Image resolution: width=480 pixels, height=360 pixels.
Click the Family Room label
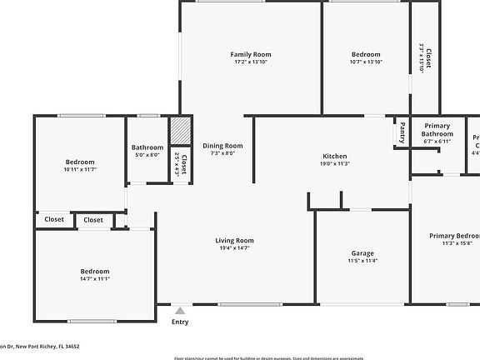point(251,55)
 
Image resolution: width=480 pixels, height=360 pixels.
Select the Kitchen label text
point(335,157)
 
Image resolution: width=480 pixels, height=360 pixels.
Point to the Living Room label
point(235,241)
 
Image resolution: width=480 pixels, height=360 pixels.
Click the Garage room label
point(362,253)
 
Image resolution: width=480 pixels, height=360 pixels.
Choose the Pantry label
point(402,133)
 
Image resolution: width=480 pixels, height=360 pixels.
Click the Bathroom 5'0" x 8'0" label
point(147,147)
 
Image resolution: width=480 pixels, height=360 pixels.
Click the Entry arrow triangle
point(179,310)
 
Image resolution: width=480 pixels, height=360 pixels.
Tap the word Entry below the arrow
point(180,322)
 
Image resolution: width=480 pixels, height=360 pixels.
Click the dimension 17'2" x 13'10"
point(251,62)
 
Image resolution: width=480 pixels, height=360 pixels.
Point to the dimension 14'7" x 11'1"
point(95,279)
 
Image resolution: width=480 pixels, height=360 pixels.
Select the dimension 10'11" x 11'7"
point(80,169)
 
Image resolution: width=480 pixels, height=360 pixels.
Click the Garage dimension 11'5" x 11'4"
point(362,261)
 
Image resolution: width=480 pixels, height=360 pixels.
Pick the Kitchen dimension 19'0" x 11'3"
point(335,164)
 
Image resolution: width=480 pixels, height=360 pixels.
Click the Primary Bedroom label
point(454,236)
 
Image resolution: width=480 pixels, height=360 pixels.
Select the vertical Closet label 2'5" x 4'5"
point(181,163)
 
